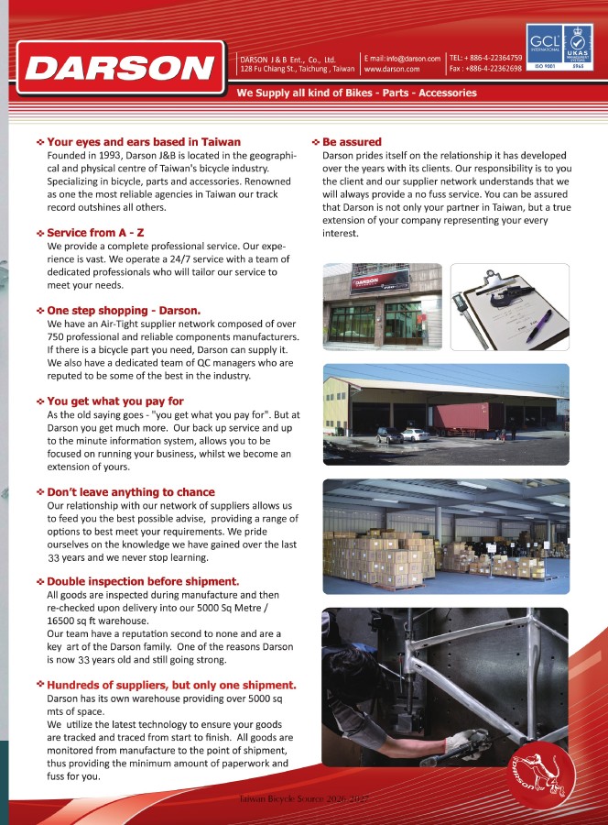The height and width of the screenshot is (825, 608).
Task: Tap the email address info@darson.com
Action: [x=403, y=57]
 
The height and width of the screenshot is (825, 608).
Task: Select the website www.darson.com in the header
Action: [x=392, y=69]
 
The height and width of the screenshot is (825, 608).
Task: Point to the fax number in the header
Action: [x=485, y=69]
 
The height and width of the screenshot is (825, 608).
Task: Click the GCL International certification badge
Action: [x=541, y=42]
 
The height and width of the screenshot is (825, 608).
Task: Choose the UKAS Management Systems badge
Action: [x=578, y=42]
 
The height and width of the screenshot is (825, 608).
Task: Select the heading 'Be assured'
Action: [x=353, y=142]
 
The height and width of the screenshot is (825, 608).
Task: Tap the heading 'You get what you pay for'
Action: [x=115, y=401]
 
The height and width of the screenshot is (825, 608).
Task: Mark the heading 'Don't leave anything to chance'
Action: [x=131, y=491]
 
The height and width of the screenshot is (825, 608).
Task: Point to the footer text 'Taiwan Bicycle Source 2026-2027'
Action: [x=304, y=800]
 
